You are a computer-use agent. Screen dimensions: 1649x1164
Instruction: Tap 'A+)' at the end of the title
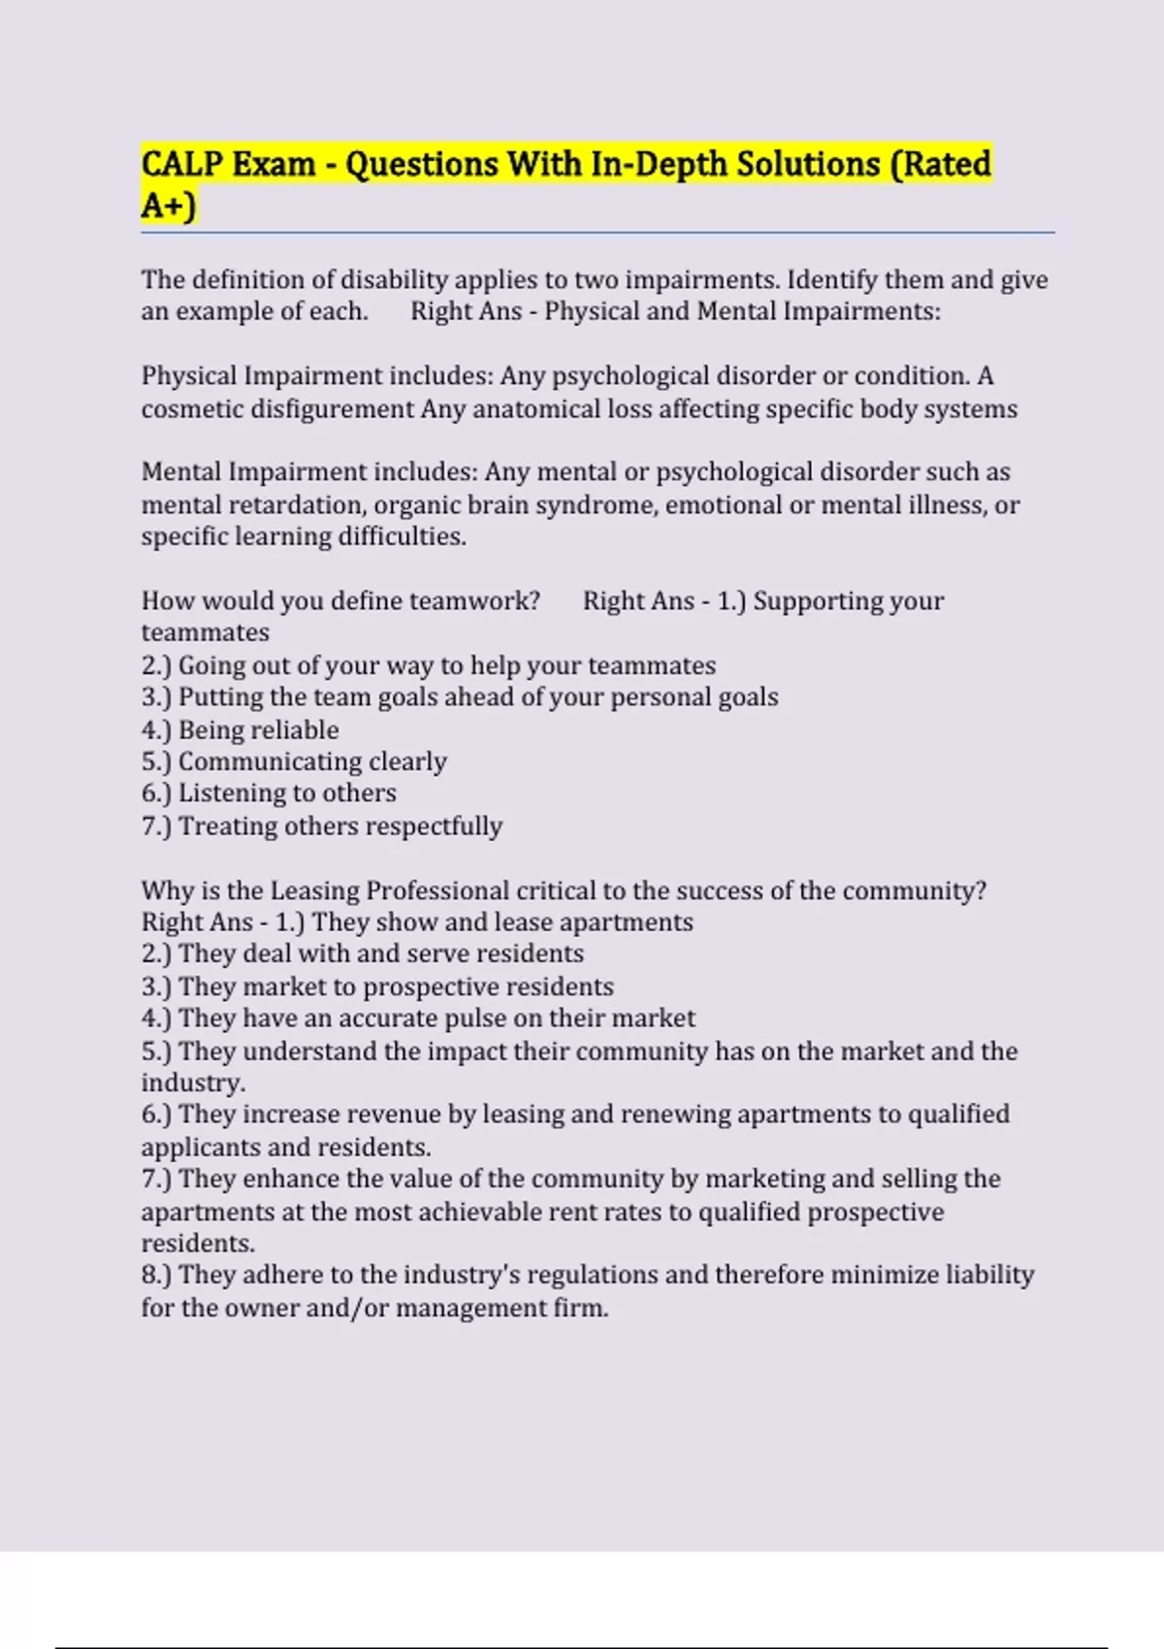click(169, 206)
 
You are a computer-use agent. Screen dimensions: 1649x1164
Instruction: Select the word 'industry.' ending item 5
click(193, 1083)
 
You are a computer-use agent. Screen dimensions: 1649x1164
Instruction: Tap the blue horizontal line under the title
click(597, 233)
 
